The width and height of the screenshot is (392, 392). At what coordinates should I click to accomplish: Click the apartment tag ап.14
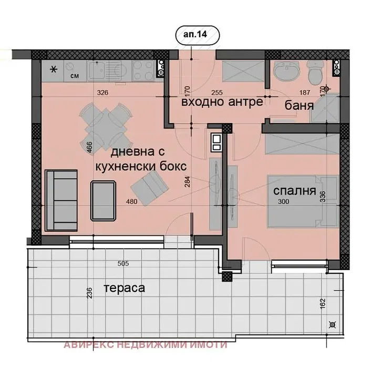coord(195,34)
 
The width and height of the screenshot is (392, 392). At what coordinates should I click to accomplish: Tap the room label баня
coord(299,106)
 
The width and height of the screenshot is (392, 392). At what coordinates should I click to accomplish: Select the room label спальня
coord(294,191)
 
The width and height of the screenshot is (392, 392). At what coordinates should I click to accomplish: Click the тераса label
coord(124,288)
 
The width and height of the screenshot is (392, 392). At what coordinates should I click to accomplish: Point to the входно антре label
coord(222,102)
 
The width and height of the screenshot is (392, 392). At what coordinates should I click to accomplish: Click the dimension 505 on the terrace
coord(123,263)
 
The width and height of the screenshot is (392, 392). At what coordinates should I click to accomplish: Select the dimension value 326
coord(102,93)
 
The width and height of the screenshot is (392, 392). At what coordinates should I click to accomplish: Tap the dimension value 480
coord(131,201)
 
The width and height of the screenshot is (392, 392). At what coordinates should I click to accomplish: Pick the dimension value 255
coord(216,93)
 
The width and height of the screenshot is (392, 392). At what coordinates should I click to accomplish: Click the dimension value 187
coord(305,93)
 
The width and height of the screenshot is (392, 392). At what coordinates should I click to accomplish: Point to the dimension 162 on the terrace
coord(323,303)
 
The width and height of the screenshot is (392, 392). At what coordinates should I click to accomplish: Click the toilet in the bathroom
coord(316,72)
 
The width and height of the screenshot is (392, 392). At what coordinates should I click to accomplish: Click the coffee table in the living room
coord(103,201)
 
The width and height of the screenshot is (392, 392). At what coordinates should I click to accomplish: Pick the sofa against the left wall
coord(61,201)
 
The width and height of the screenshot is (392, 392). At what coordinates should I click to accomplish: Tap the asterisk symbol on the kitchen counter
coord(54,69)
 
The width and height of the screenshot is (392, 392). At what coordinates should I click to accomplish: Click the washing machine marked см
coord(75,71)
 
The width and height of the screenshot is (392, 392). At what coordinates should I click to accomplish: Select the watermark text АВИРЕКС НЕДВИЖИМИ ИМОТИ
coord(146,345)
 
